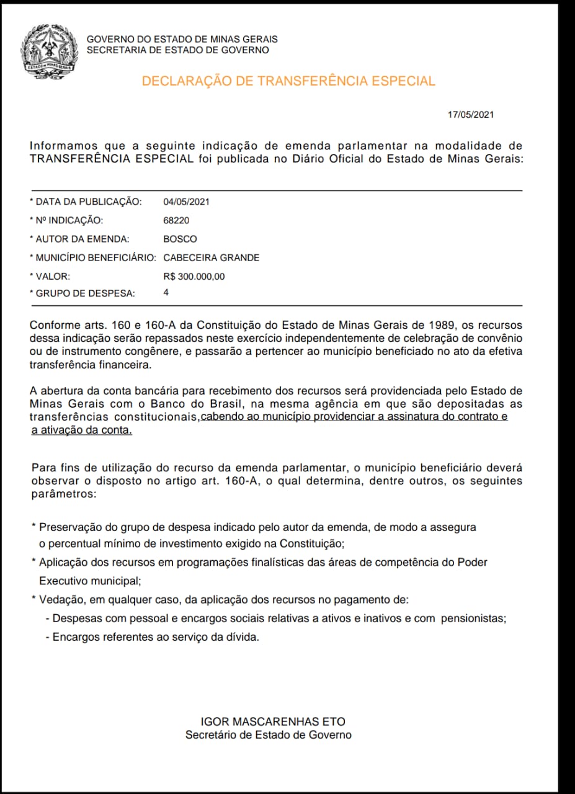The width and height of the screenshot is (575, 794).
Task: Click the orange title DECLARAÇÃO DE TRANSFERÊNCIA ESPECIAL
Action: pos(288,81)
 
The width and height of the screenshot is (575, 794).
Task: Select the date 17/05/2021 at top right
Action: pos(471,115)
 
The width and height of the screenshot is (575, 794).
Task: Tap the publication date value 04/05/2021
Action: pos(186,202)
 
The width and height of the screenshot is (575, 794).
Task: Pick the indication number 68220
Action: pos(176,220)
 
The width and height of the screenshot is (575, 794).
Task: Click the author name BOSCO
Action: pos(180,239)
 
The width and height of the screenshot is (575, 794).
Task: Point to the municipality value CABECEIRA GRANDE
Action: pos(211,257)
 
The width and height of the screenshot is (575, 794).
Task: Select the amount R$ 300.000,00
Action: pos(194,277)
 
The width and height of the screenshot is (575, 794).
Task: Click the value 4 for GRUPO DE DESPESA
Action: pos(166,292)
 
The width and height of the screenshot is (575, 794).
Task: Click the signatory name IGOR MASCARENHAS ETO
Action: pos(273,721)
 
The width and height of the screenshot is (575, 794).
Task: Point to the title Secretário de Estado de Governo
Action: pos(269,735)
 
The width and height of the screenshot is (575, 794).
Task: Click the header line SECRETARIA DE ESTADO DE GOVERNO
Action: pos(178,50)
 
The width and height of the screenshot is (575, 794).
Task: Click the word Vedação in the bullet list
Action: pos(60,600)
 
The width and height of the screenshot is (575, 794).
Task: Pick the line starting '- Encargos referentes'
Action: pos(152,637)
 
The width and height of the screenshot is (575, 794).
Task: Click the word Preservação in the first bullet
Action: pos(68,527)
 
